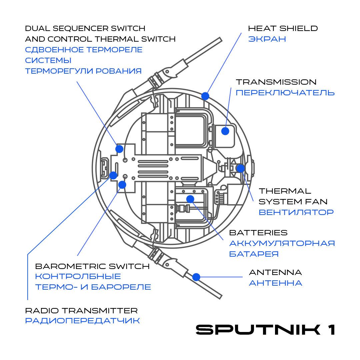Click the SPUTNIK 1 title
pos(265,329)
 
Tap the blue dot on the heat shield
pos(205,96)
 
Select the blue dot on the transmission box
pos(225,131)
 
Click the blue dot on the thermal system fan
pos(240,168)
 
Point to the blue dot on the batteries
pos(190,199)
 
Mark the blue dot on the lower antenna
pos(196,277)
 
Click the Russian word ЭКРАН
pos(267,39)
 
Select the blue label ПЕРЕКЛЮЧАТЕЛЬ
pos(285,92)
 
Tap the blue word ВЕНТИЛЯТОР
pos(296,212)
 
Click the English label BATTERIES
pos(258,232)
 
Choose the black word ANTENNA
pos(275,272)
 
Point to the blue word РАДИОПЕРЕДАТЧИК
pos(82,321)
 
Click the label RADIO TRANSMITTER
pos(81,311)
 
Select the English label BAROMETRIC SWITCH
pos(92,266)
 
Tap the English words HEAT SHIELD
pos(283,28)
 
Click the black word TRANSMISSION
pos(276,82)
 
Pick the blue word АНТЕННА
pos(275,283)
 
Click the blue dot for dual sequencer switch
pos(119,149)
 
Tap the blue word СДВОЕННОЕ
pos(55,50)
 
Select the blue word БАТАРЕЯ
pos(254,254)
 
